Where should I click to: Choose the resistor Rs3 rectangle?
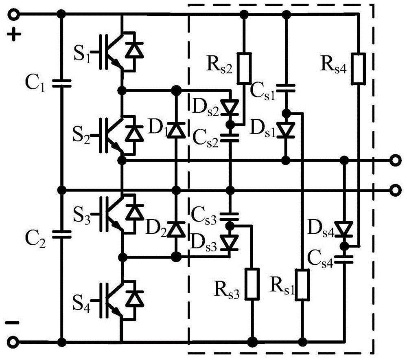coord(252,284)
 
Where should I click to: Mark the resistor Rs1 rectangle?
coord(302,284)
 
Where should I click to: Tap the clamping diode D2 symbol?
coord(176,229)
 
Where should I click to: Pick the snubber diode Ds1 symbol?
coord(287,130)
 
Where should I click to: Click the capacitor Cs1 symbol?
coord(287,88)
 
